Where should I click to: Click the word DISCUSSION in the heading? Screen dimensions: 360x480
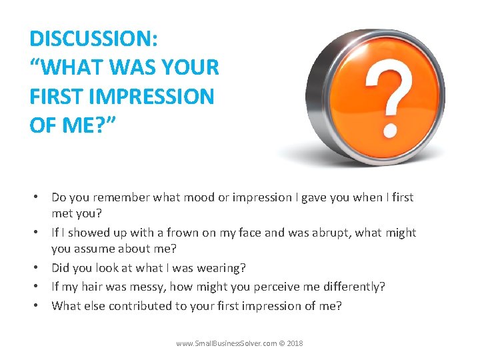(x=93, y=38)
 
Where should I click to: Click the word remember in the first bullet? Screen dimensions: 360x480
(x=123, y=197)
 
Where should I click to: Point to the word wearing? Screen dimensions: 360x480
(x=223, y=268)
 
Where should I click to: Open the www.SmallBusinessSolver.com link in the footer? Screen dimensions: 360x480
(x=225, y=343)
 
